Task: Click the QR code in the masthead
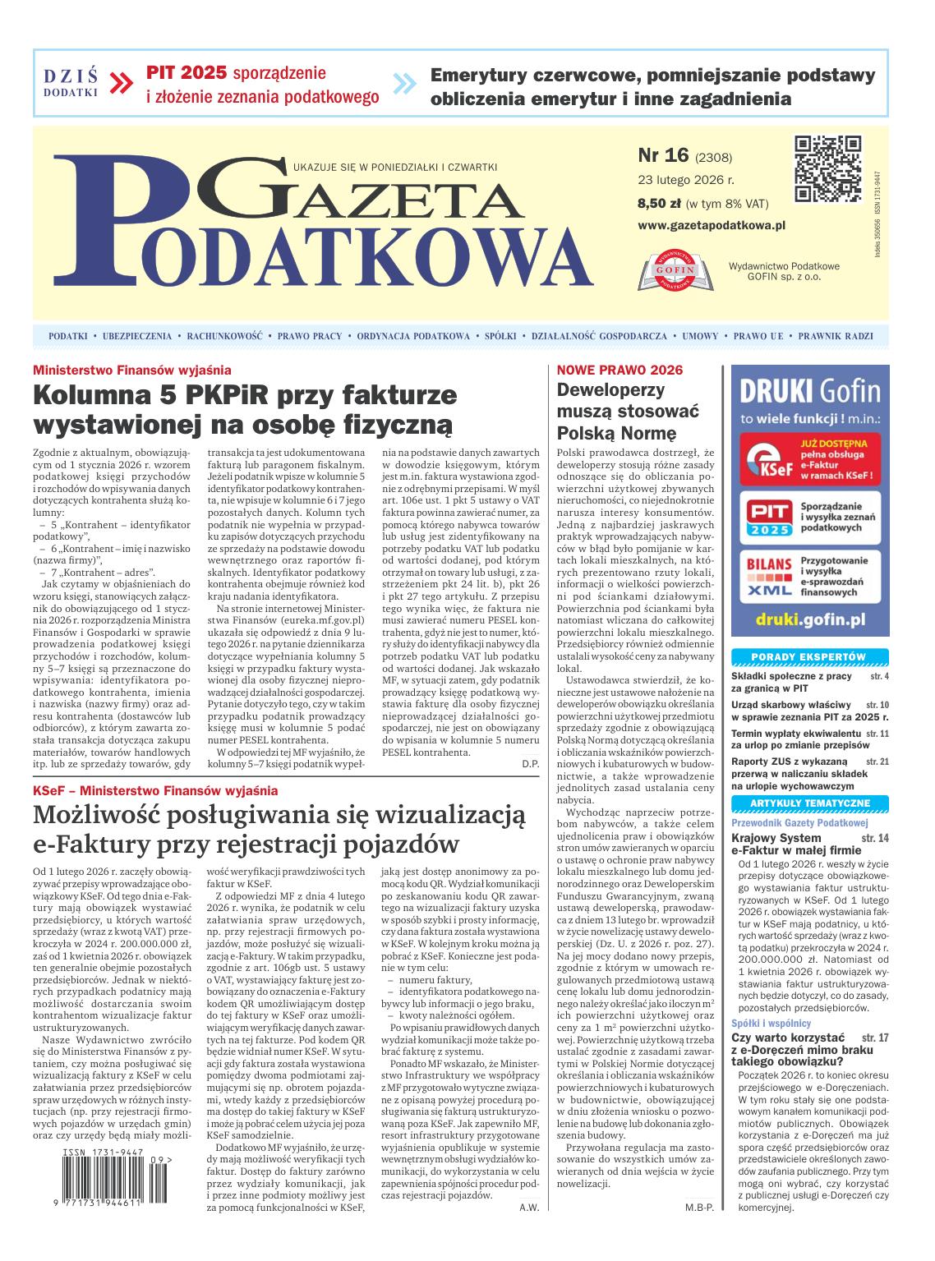(827, 168)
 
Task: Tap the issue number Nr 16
(662, 156)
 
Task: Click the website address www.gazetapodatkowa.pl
(712, 224)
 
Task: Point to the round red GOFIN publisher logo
(675, 269)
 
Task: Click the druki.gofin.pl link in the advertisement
(809, 618)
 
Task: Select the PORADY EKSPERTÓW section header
(809, 656)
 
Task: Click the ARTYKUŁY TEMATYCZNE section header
(809, 803)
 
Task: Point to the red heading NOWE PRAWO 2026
(619, 370)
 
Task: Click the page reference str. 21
(877, 761)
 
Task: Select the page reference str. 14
(875, 838)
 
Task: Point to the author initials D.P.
(530, 764)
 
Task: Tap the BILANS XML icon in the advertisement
(764, 577)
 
